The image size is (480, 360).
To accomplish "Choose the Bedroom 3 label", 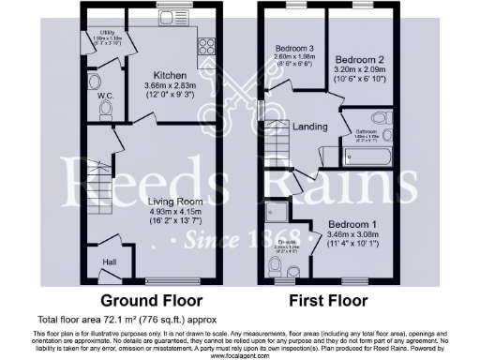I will click(x=293, y=49).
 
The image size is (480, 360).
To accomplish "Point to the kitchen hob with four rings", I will click(x=204, y=43).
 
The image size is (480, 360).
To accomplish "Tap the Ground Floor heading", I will click(x=153, y=301).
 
